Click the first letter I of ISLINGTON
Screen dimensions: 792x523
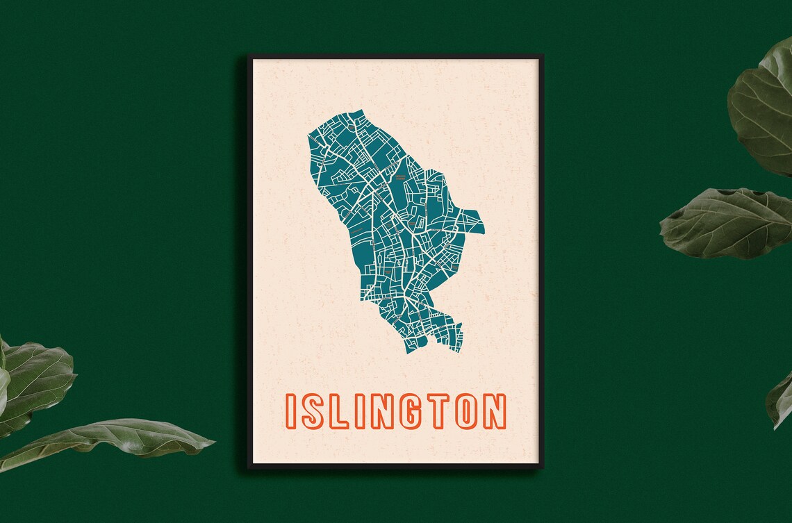(x=291, y=411)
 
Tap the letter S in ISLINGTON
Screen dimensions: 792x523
(x=312, y=411)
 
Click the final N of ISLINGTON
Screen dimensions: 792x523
(x=494, y=411)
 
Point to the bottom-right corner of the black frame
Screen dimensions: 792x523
(x=542, y=467)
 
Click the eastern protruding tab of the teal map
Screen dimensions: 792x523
(x=474, y=222)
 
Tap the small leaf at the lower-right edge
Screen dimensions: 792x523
(x=779, y=399)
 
